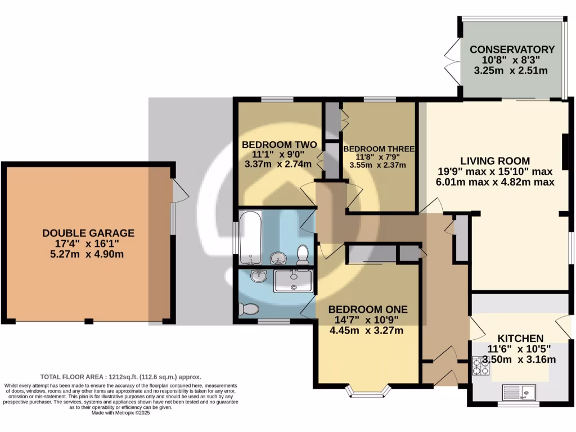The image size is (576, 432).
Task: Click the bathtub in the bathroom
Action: (x=250, y=237)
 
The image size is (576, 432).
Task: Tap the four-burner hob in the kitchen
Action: (x=481, y=366)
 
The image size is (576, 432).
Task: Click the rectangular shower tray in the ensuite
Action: (x=294, y=280)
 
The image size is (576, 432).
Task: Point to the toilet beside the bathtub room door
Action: (x=303, y=254)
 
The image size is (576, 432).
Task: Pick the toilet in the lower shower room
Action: (x=248, y=309)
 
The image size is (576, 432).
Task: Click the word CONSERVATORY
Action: (x=512, y=49)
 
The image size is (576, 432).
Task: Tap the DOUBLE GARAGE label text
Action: (x=88, y=233)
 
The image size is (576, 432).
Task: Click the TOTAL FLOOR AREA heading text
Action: (x=79, y=377)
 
